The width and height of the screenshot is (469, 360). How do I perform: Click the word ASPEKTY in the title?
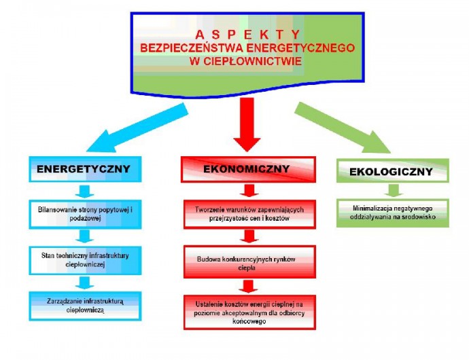pos(247,35)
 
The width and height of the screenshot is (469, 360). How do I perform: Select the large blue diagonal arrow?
pos(137,128)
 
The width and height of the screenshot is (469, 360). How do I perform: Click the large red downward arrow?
pos(247,125)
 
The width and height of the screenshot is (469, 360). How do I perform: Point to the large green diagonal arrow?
pos(343,128)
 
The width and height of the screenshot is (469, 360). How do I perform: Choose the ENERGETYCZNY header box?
pos(85,169)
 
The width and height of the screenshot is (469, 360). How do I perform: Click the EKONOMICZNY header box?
pos(248,169)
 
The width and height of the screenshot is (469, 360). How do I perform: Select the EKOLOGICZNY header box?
pos(393,170)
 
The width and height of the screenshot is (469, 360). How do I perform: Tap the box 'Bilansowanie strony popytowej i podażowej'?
pos(85,215)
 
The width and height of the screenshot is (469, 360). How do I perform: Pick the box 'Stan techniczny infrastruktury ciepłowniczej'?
pos(85,260)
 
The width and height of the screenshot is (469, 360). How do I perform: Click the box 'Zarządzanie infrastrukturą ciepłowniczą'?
pos(85,306)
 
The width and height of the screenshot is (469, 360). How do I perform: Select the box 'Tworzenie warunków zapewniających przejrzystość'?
pos(249,215)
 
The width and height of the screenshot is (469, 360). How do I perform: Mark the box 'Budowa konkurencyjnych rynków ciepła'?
pos(249,262)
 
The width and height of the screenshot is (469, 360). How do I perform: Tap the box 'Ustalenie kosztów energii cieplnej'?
pos(249,312)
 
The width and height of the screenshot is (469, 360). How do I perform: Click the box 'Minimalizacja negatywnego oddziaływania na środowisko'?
pos(393,213)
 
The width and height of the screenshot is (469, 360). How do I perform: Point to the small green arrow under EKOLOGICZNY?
pos(394,190)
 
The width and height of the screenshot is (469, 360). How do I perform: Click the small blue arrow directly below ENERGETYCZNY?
pos(85,192)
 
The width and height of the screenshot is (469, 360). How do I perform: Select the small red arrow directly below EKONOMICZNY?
pos(249,191)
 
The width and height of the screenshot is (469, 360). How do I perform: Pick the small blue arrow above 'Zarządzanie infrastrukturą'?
pos(85,283)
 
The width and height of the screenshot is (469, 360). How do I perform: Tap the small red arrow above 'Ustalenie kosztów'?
pos(248,287)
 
